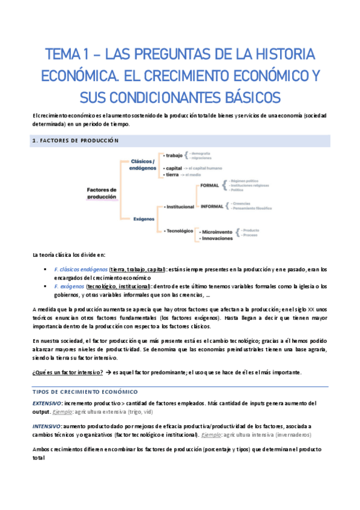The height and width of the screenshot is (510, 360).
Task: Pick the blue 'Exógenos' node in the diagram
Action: tap(144, 220)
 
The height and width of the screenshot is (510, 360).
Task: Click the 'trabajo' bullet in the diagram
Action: tap(175, 156)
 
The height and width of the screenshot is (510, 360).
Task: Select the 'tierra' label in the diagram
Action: tap(173, 175)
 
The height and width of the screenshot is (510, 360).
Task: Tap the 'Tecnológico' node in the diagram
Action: tap(178, 230)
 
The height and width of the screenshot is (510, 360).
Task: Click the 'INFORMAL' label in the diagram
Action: tap(212, 206)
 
